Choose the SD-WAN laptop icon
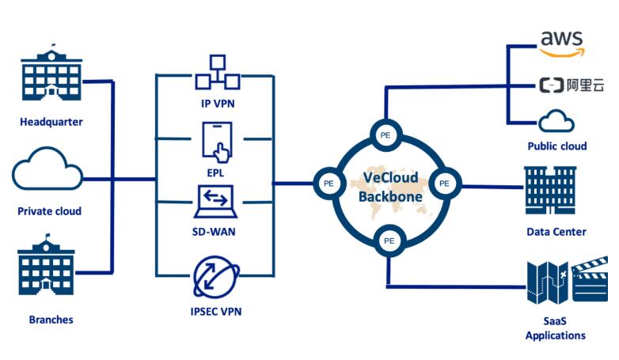click(x=216, y=203)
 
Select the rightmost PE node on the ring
click(x=444, y=182)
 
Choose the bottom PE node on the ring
click(x=389, y=240)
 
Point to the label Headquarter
click(x=51, y=122)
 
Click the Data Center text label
click(x=556, y=232)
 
